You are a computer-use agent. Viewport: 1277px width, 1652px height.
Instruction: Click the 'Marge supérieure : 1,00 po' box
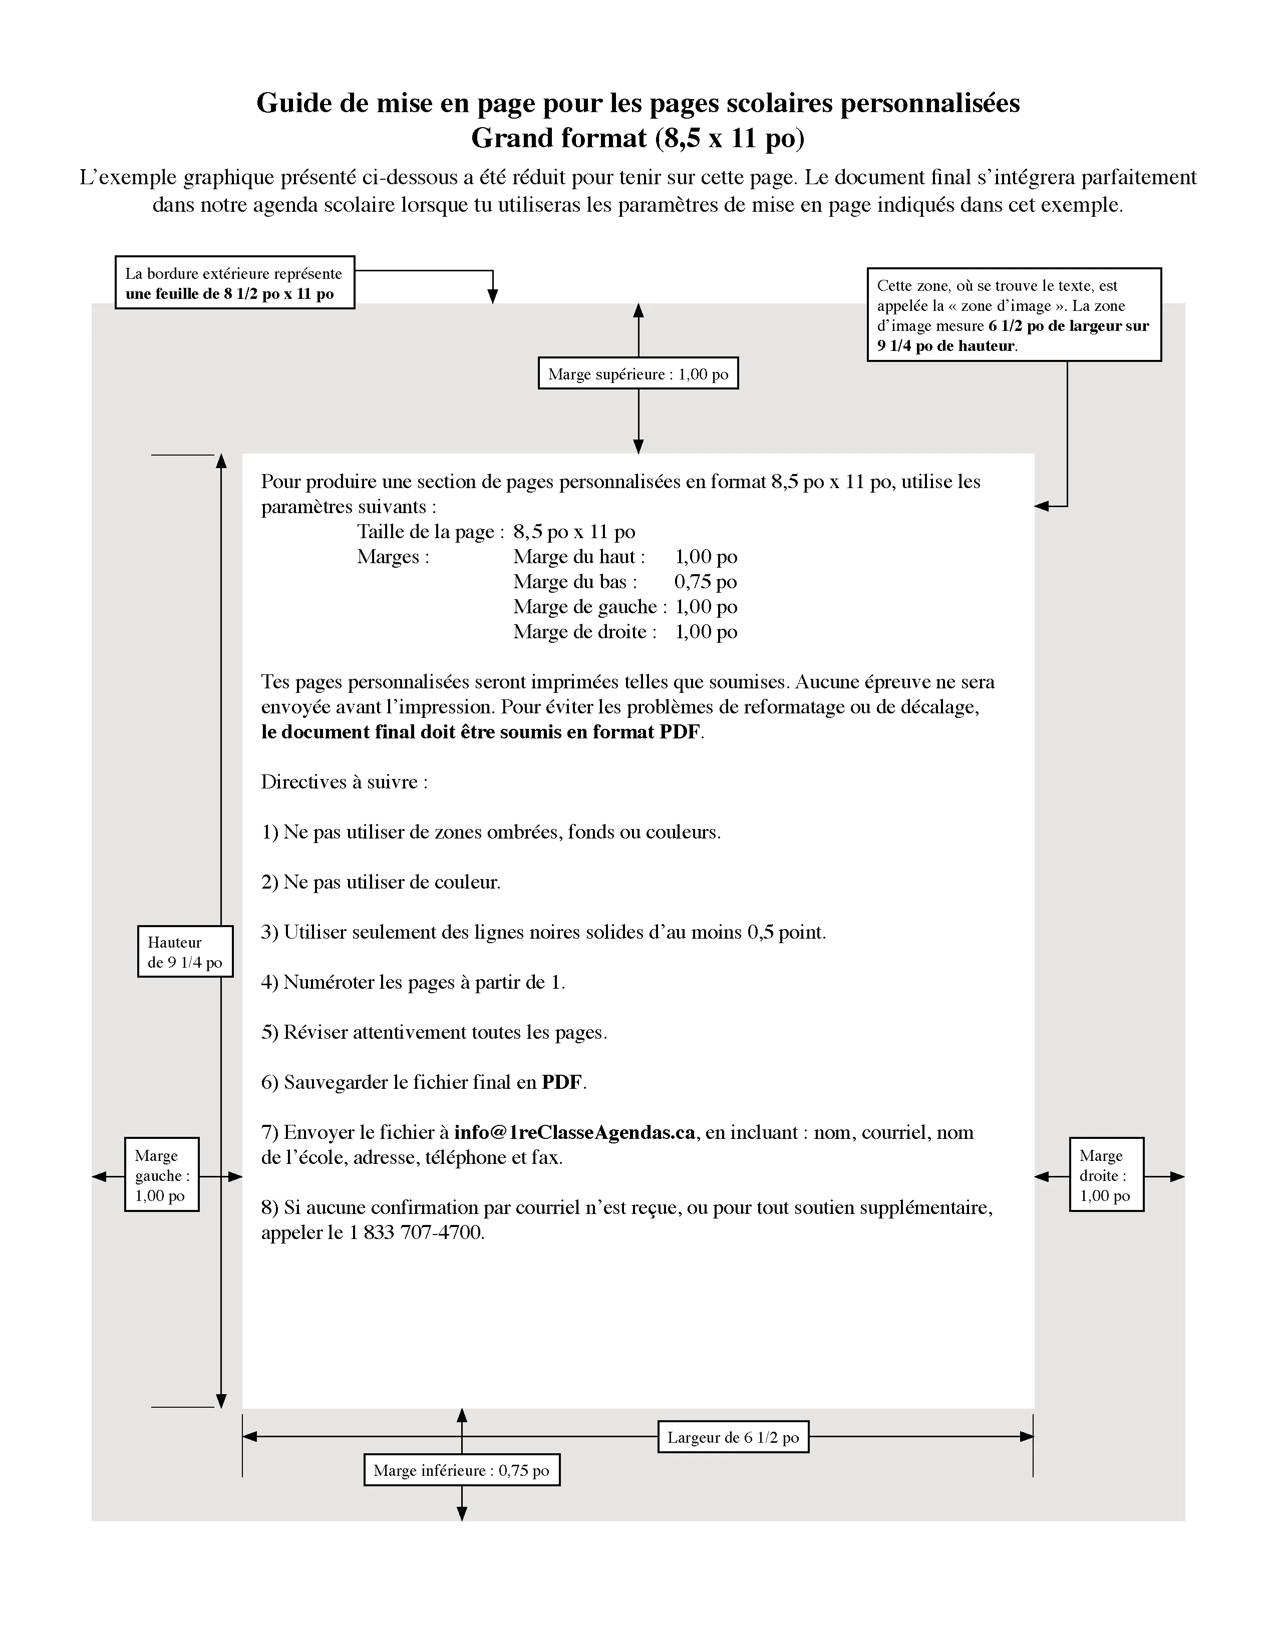[x=637, y=373]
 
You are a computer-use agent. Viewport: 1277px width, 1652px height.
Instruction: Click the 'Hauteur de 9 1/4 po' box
[x=185, y=952]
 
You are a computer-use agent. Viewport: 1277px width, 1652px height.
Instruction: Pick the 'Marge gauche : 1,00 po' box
[x=161, y=1175]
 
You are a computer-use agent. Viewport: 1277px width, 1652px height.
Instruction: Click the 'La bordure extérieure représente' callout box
[x=234, y=282]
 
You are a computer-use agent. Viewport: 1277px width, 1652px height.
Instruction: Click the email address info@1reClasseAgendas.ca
[x=574, y=1132]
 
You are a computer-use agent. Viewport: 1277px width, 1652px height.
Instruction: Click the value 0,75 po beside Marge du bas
[x=705, y=582]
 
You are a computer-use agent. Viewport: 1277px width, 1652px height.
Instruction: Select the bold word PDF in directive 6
[x=562, y=1082]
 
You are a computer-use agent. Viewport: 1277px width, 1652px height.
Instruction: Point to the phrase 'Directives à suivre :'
[x=344, y=782]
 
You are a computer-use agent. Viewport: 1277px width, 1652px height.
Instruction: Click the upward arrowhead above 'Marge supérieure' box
[x=637, y=311]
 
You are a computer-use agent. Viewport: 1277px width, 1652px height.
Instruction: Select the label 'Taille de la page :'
[x=430, y=532]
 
